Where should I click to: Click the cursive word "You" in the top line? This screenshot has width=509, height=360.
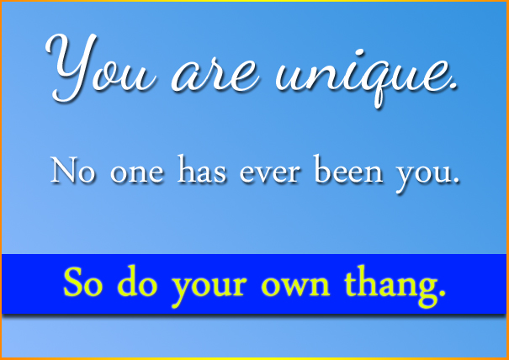[101, 68]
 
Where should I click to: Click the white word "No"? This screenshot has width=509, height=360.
[72, 170]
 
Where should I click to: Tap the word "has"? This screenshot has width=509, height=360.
[201, 169]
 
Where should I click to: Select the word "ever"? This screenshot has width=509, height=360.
[269, 174]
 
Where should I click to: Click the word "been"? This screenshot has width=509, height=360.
[348, 169]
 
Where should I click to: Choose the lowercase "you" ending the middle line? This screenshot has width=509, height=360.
[423, 177]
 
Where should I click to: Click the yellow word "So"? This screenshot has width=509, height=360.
[82, 282]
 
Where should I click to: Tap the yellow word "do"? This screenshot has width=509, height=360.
[137, 280]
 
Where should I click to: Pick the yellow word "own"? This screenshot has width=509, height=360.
[295, 286]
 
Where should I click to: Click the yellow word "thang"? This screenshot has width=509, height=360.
[389, 286]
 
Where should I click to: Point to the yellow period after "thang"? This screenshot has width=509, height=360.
[442, 293]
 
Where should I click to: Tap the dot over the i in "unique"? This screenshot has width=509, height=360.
[359, 54]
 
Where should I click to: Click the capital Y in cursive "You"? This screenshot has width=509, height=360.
[72, 68]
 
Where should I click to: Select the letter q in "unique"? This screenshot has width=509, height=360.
[378, 85]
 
